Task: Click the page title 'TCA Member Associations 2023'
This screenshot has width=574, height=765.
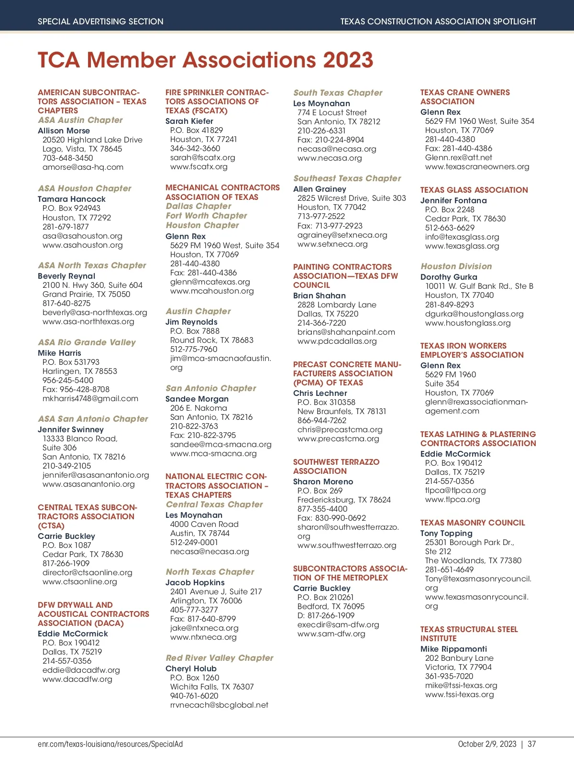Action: click(205, 60)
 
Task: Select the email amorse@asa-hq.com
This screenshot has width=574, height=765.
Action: click(83, 167)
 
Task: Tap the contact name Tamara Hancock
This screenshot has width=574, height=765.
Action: click(72, 199)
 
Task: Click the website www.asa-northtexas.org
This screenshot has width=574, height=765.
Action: click(88, 322)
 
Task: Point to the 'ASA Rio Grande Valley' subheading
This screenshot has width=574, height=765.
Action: click(87, 342)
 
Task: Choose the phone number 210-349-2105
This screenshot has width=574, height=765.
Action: click(66, 466)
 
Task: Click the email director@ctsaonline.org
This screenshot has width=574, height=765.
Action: click(87, 573)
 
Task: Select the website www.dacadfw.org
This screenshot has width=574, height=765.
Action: click(77, 679)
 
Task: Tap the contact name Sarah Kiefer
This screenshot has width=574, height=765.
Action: click(189, 121)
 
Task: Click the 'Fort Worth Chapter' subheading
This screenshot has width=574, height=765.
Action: click(206, 216)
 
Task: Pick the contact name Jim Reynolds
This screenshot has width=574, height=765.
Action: click(191, 322)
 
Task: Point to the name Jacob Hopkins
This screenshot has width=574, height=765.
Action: click(195, 582)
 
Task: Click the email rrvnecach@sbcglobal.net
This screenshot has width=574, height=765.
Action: click(219, 705)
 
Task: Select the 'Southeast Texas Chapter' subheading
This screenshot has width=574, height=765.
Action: click(347, 178)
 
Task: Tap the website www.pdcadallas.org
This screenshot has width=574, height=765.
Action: click(337, 341)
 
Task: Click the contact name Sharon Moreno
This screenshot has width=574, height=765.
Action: click(323, 481)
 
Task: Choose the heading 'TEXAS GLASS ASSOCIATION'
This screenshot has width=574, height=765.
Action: click(474, 190)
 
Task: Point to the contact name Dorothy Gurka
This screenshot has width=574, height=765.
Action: click(449, 277)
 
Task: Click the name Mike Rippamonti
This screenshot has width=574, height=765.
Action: click(453, 649)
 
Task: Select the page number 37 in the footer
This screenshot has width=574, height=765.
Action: click(532, 744)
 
